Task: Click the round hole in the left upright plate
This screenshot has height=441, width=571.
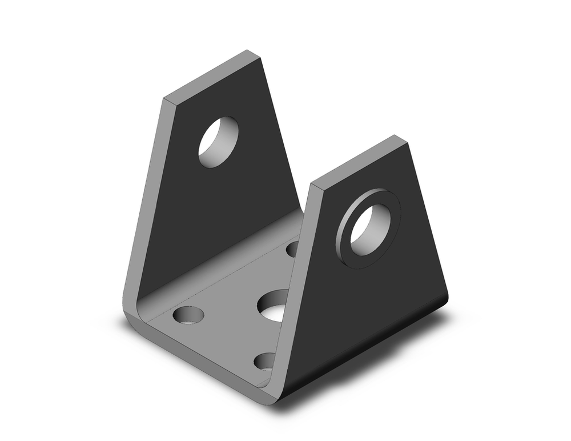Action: [218, 142]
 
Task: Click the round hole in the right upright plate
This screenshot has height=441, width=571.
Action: [369, 230]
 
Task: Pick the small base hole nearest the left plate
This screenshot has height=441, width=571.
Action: [188, 315]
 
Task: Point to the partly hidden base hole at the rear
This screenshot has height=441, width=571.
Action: [292, 248]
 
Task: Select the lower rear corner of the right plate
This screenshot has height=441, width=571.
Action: [446, 297]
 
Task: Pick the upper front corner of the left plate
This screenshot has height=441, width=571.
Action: [167, 100]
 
